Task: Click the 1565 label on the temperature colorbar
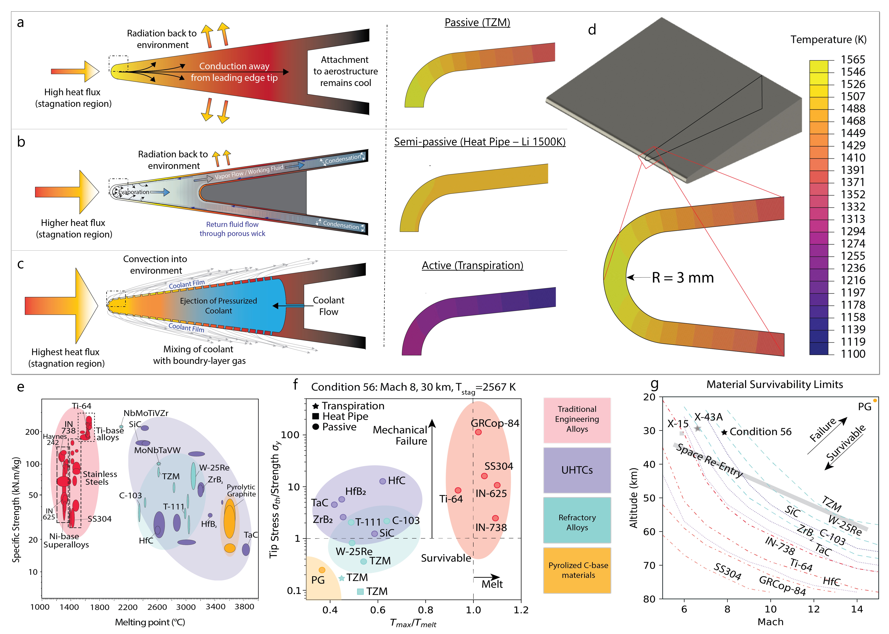point(853,60)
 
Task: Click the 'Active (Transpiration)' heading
point(472,266)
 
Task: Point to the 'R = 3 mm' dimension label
point(683,278)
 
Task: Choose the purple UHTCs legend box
point(577,470)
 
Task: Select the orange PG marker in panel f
point(322,570)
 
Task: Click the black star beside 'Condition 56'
point(724,432)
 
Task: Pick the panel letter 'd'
point(592,30)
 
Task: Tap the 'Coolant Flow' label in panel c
point(328,306)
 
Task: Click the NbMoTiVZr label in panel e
point(146,413)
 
